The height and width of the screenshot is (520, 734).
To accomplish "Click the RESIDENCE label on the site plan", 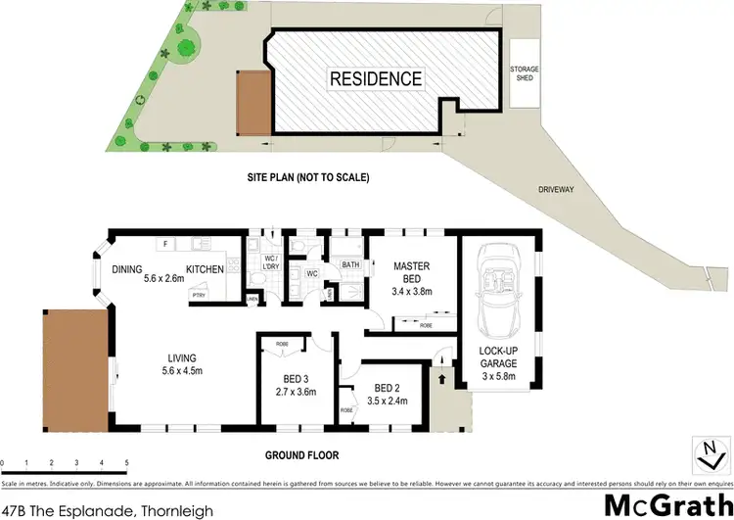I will [x=376, y=78].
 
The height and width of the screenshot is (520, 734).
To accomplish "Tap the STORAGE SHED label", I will [x=524, y=72].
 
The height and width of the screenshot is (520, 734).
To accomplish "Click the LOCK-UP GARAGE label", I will [x=499, y=358].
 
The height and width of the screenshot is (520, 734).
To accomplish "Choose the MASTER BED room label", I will [x=412, y=271].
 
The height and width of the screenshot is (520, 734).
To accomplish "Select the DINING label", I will [x=128, y=269].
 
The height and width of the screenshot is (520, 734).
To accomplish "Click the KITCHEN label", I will [x=205, y=269].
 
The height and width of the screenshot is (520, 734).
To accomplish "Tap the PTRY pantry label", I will [x=199, y=295].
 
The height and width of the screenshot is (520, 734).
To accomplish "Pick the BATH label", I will [x=350, y=265].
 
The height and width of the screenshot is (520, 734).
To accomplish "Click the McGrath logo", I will [x=664, y=505].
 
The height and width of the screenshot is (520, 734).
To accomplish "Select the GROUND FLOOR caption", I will [x=301, y=455].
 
